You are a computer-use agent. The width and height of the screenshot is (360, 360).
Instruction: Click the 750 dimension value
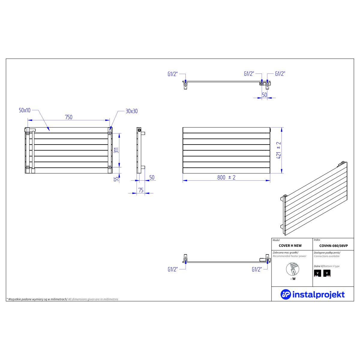69,117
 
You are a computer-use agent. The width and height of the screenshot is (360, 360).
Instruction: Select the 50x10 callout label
25,110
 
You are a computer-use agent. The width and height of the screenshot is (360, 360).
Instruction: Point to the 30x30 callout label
131,111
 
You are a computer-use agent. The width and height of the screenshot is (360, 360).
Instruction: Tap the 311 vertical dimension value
116,150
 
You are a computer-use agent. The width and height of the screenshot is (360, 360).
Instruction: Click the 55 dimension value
116,179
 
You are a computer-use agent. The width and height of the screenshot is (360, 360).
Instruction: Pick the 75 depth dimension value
141,190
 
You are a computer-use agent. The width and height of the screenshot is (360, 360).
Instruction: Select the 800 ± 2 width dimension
226,177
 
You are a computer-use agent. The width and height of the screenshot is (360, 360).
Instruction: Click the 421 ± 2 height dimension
278,150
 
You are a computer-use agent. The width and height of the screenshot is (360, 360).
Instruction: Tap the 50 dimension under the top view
264,95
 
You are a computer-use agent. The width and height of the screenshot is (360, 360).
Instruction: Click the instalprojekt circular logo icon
286,294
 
